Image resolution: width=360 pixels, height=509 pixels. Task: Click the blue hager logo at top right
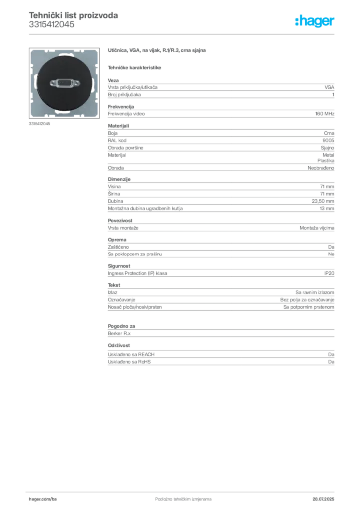tap(316, 22)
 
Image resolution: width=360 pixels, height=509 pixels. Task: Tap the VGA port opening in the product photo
tap(64, 83)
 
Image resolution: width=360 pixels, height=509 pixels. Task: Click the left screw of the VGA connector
tap(52, 83)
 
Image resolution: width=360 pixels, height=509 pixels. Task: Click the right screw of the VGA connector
tap(76, 83)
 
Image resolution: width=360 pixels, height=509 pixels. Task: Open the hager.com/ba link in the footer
tap(43, 497)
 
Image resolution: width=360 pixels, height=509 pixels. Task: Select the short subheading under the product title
tap(135, 67)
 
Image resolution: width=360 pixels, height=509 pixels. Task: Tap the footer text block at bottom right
tap(325, 496)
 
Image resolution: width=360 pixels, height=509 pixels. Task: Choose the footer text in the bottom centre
tap(177, 496)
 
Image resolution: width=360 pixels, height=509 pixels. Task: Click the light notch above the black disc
tap(64, 51)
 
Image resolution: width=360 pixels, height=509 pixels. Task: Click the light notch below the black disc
tap(64, 115)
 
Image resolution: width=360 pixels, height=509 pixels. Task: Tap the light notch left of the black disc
tap(32, 83)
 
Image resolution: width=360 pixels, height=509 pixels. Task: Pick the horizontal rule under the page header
tap(183, 33)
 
